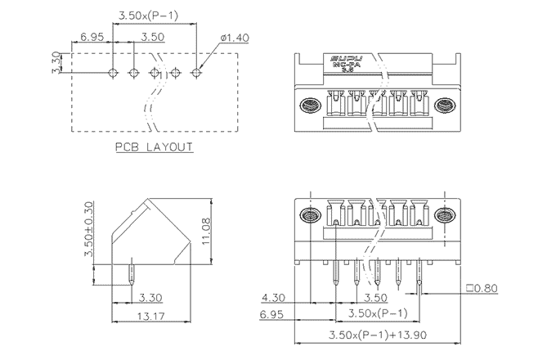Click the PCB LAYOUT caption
[153, 147]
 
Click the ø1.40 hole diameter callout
[235, 38]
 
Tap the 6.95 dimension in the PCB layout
[91, 38]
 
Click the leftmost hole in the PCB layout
[113, 73]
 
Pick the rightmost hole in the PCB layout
[196, 73]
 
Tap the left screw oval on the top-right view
[310, 106]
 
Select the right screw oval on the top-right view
[446, 106]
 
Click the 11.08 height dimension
[205, 233]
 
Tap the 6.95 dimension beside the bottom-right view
[272, 313]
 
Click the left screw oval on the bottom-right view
[310, 217]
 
